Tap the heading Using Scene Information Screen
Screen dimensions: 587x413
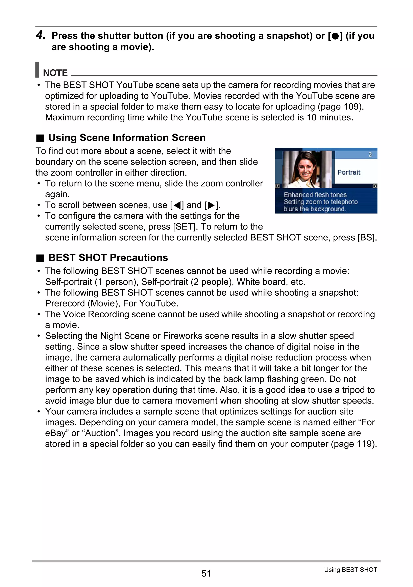pos(127,138)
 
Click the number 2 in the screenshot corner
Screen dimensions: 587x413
pos(370,154)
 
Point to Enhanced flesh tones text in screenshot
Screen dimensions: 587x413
pos(315,195)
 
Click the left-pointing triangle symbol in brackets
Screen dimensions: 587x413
pos(177,205)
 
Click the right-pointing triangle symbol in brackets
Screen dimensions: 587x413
pos(211,205)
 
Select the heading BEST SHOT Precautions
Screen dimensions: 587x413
pos(108,258)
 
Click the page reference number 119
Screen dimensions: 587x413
pos(364,444)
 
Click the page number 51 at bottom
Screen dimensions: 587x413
pos(206,573)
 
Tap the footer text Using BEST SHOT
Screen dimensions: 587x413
pos(350,570)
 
